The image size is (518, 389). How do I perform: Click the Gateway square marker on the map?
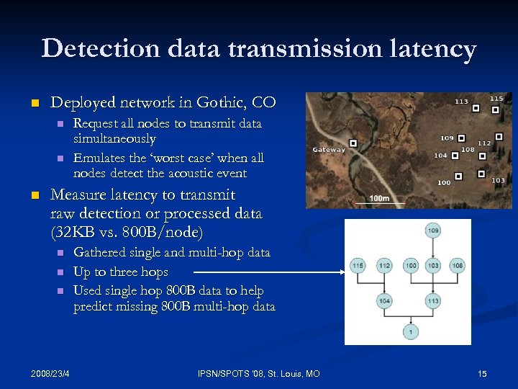pyautogui.click(x=353, y=143)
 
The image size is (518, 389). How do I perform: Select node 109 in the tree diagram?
pyautogui.click(x=433, y=231)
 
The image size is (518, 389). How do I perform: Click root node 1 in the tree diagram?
pyautogui.click(x=409, y=331)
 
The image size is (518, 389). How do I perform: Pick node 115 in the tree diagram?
pyautogui.click(x=358, y=266)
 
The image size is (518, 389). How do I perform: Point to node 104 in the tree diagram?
pyautogui.click(x=384, y=300)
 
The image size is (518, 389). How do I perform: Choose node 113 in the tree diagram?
pyautogui.click(x=433, y=300)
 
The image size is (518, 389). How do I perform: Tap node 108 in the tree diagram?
pyautogui.click(x=458, y=266)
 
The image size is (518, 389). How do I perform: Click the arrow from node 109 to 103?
pyautogui.click(x=433, y=249)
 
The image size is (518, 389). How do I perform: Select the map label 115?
pyautogui.click(x=496, y=99)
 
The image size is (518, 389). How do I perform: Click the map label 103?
pyautogui.click(x=498, y=180)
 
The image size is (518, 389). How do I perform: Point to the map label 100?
pyautogui.click(x=444, y=182)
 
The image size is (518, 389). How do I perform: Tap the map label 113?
pyautogui.click(x=461, y=102)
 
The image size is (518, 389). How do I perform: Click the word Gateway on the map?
pyautogui.click(x=328, y=150)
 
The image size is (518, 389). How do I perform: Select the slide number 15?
pyautogui.click(x=482, y=373)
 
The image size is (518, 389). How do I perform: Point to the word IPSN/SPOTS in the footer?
pyautogui.click(x=225, y=373)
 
